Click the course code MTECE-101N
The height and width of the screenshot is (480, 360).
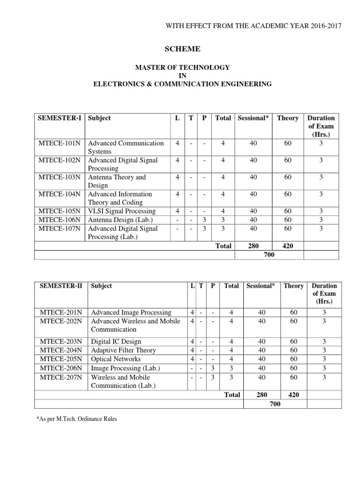[x=59, y=143]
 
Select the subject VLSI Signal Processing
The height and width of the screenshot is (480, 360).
[x=122, y=211]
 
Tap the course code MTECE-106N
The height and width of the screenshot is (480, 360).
[x=59, y=220]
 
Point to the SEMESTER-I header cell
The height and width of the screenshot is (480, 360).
[x=60, y=118]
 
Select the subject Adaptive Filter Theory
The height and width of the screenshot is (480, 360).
[x=123, y=351]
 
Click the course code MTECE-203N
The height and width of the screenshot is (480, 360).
[x=61, y=342]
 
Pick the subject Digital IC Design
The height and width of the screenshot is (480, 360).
[x=116, y=342]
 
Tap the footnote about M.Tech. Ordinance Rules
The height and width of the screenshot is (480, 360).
[x=76, y=419]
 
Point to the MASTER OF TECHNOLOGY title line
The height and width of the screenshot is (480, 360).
[x=182, y=67]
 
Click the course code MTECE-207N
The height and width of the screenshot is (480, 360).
[x=61, y=377]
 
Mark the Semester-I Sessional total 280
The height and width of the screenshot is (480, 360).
[x=253, y=246]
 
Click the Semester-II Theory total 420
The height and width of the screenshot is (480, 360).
[x=293, y=395]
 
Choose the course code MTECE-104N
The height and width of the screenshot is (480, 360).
[x=59, y=194]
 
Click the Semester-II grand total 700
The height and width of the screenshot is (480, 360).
[x=276, y=404]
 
